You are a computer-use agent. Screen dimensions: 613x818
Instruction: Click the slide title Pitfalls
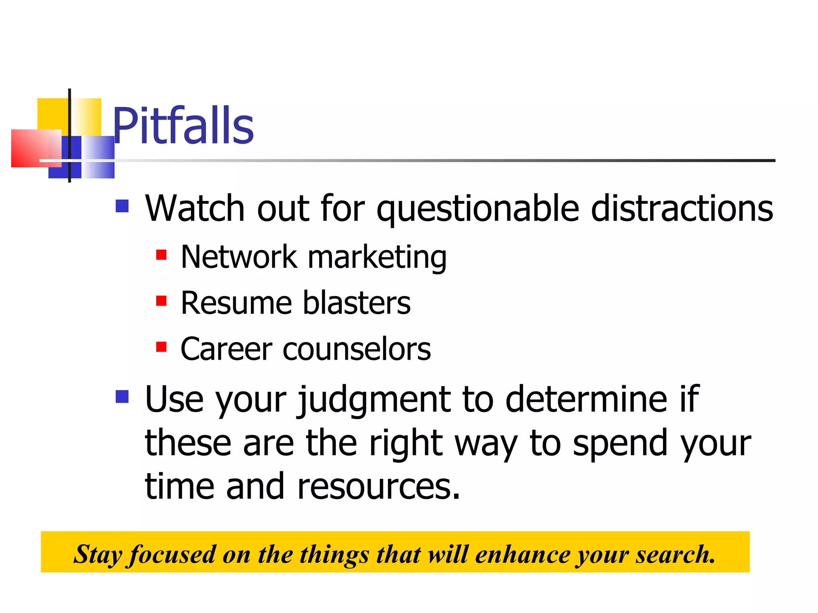click(x=183, y=126)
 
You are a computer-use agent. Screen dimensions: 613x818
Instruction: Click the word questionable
click(x=478, y=209)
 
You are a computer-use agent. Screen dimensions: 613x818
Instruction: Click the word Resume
click(x=236, y=303)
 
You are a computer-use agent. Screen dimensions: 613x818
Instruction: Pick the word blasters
click(x=356, y=303)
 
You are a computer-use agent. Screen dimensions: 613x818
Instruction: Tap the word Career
click(x=226, y=349)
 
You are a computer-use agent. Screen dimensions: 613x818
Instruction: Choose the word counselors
click(x=357, y=349)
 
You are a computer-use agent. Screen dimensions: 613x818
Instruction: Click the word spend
click(x=620, y=444)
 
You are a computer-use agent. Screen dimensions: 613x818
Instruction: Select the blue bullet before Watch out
click(x=122, y=206)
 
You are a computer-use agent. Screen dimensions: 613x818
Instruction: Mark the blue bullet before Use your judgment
click(x=122, y=397)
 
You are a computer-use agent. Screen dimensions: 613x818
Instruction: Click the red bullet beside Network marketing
click(x=161, y=255)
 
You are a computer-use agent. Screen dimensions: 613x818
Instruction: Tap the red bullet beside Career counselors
click(x=161, y=347)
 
